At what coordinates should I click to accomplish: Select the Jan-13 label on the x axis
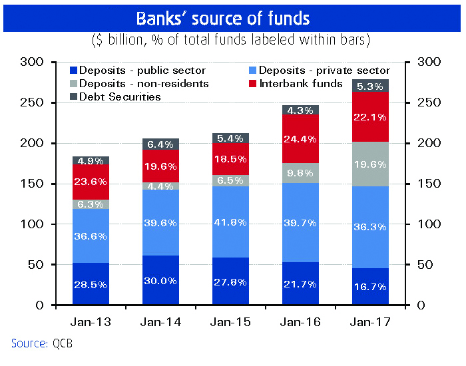[91, 322]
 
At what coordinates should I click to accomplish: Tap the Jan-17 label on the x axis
[371, 322]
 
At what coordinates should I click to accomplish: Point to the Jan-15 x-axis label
[230, 322]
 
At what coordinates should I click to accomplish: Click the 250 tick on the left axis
[34, 103]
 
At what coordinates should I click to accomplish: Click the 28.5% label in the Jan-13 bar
[91, 284]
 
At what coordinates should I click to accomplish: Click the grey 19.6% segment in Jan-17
[371, 164]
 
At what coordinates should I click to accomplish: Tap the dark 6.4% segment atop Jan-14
[160, 143]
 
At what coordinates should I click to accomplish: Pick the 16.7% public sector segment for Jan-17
[371, 286]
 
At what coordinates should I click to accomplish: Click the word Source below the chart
[27, 343]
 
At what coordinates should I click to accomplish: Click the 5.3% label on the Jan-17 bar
[371, 86]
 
